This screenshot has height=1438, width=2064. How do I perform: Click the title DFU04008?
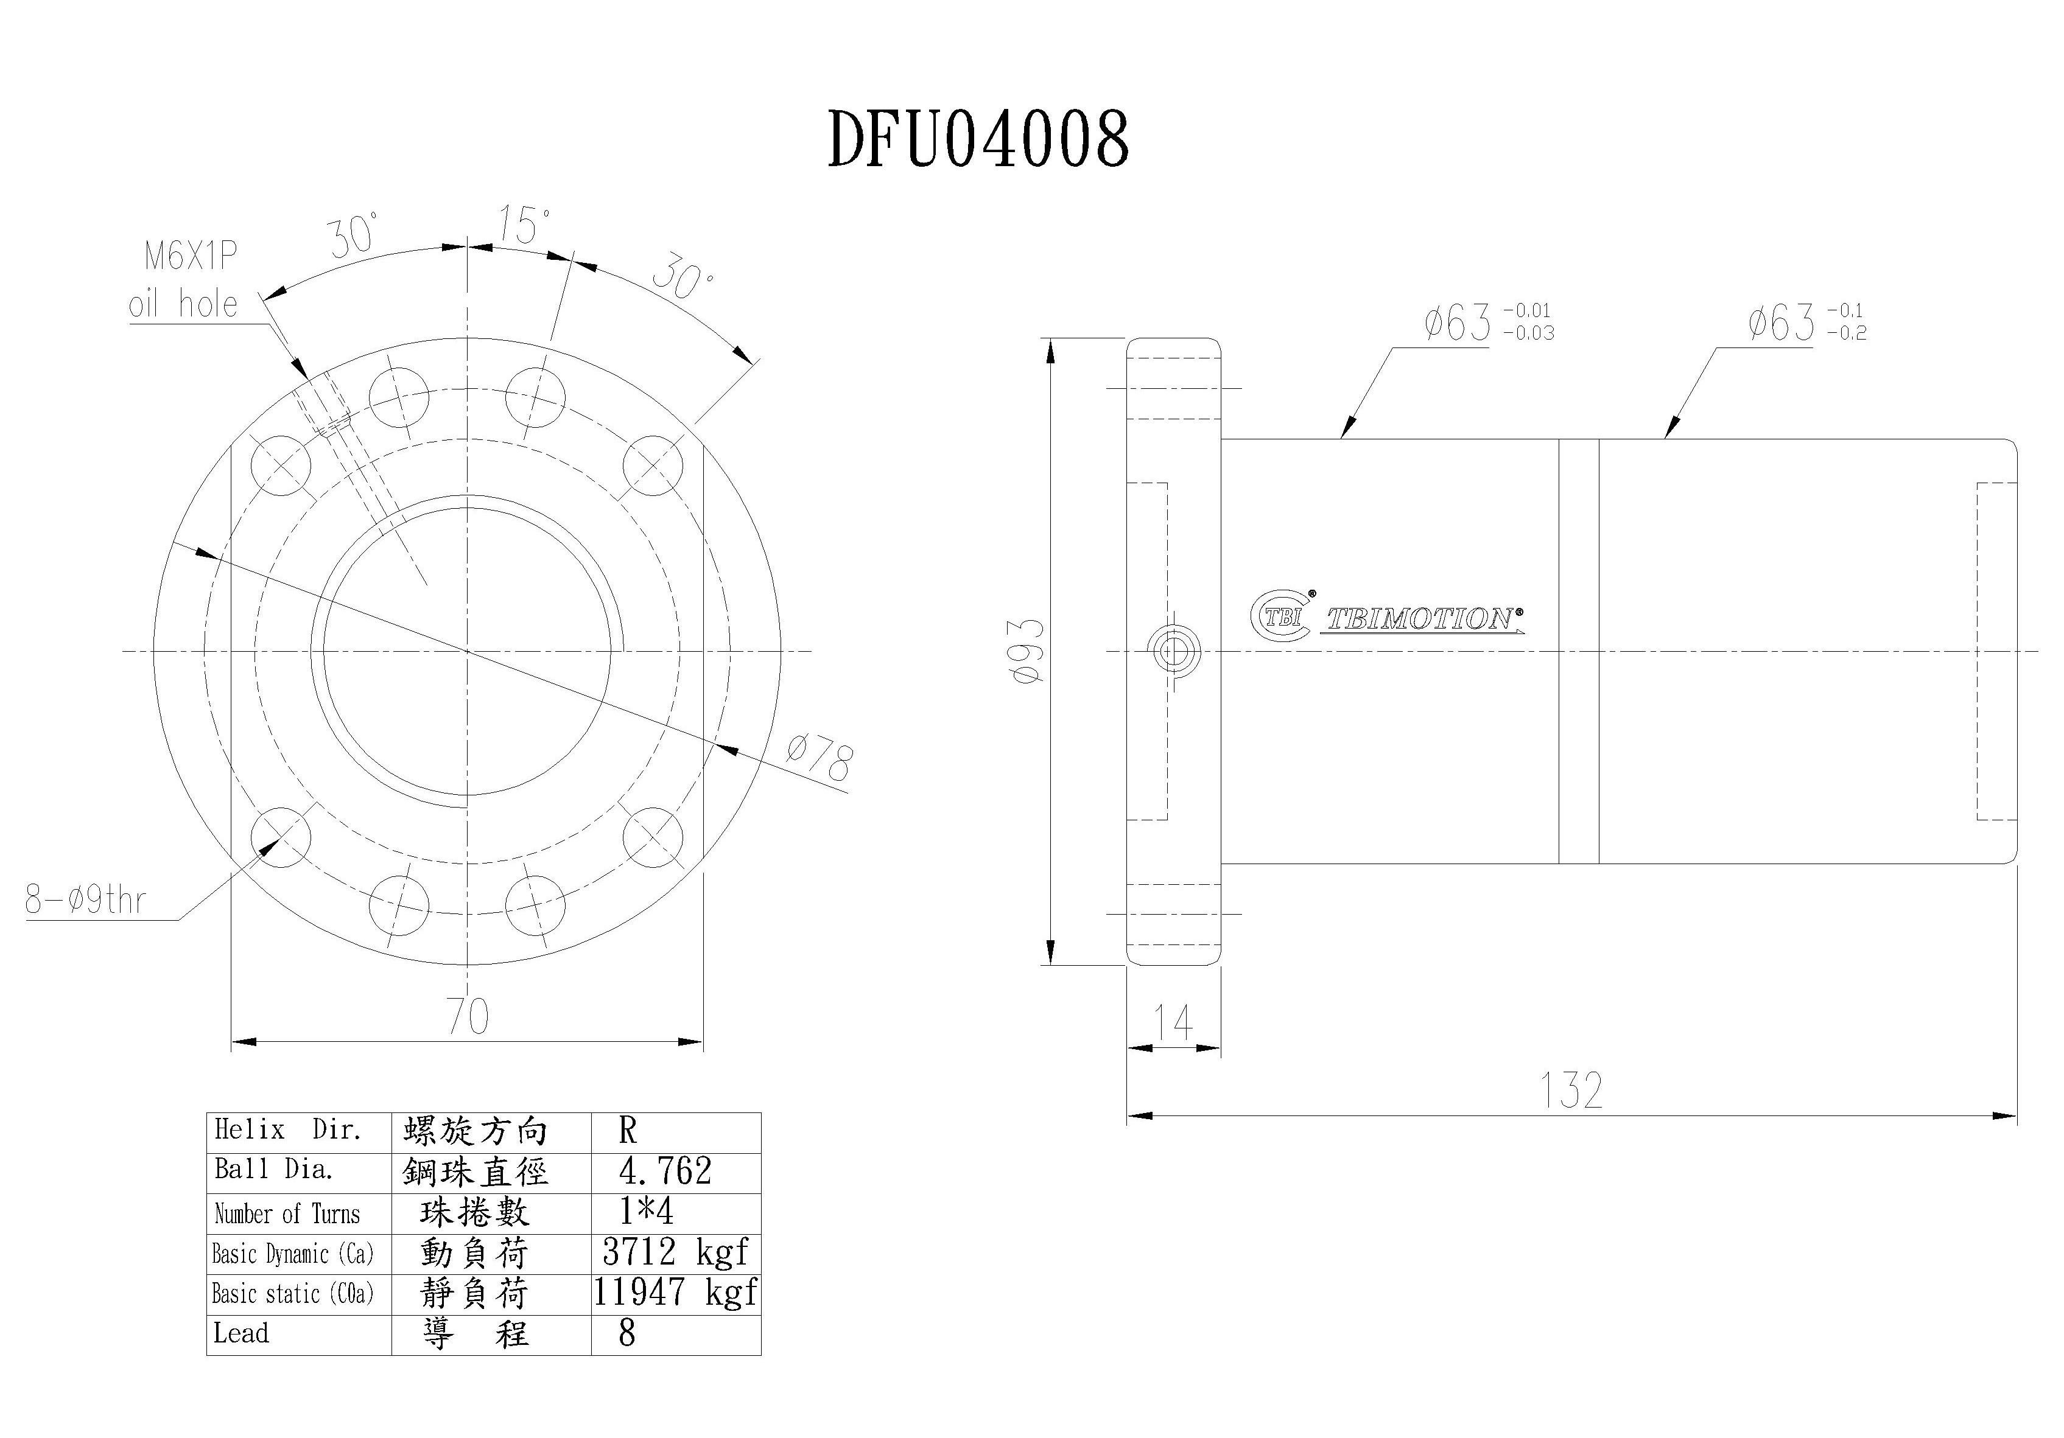click(x=977, y=139)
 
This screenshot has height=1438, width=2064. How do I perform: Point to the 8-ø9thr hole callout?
click(x=85, y=899)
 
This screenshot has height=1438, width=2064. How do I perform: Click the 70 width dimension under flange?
click(x=468, y=1016)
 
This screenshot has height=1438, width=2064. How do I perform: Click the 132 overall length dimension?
click(x=1571, y=1090)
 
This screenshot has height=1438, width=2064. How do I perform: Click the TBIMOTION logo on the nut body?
click(x=1389, y=618)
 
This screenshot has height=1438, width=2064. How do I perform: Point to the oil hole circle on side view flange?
click(x=1174, y=650)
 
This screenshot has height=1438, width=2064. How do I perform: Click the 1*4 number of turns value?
click(x=645, y=1212)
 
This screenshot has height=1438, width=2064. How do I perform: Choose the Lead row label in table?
click(x=241, y=1333)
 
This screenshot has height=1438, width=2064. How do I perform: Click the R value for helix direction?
click(x=628, y=1131)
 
